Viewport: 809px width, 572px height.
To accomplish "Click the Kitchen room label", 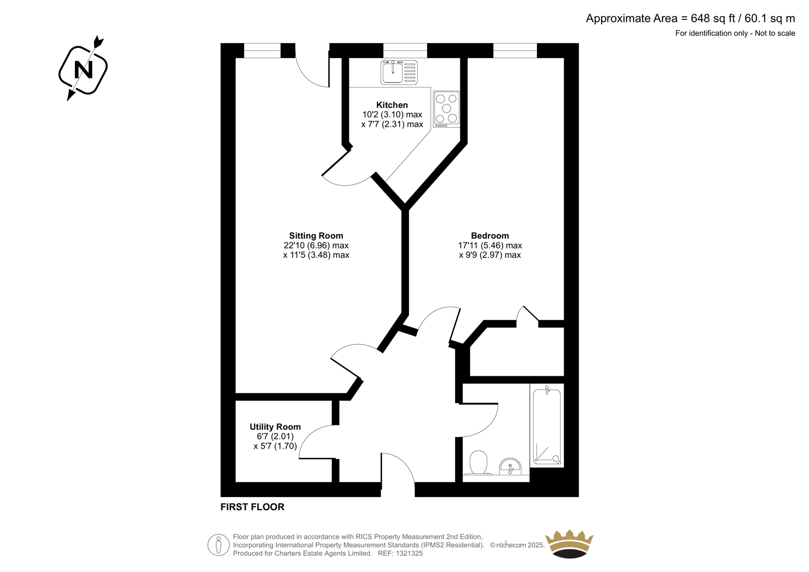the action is point(392,105).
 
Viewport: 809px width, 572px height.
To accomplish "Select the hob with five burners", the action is point(446,109).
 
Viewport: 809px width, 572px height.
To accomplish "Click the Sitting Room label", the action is point(316,236).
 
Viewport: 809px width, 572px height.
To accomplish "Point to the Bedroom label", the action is point(490,236).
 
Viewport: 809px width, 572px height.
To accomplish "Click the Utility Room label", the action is point(275,427).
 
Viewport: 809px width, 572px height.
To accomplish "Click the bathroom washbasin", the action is point(510,466).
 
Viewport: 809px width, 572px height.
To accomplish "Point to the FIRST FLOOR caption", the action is point(252,507).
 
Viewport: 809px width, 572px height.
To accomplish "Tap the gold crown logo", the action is point(569,544).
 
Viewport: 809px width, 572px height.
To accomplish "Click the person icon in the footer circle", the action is point(218,545).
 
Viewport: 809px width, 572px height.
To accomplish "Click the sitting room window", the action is point(262,51).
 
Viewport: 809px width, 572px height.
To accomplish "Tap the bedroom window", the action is point(515,51).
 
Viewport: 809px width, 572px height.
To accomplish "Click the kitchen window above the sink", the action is point(405,51).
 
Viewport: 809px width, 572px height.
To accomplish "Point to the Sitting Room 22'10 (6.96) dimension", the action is point(316,246).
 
